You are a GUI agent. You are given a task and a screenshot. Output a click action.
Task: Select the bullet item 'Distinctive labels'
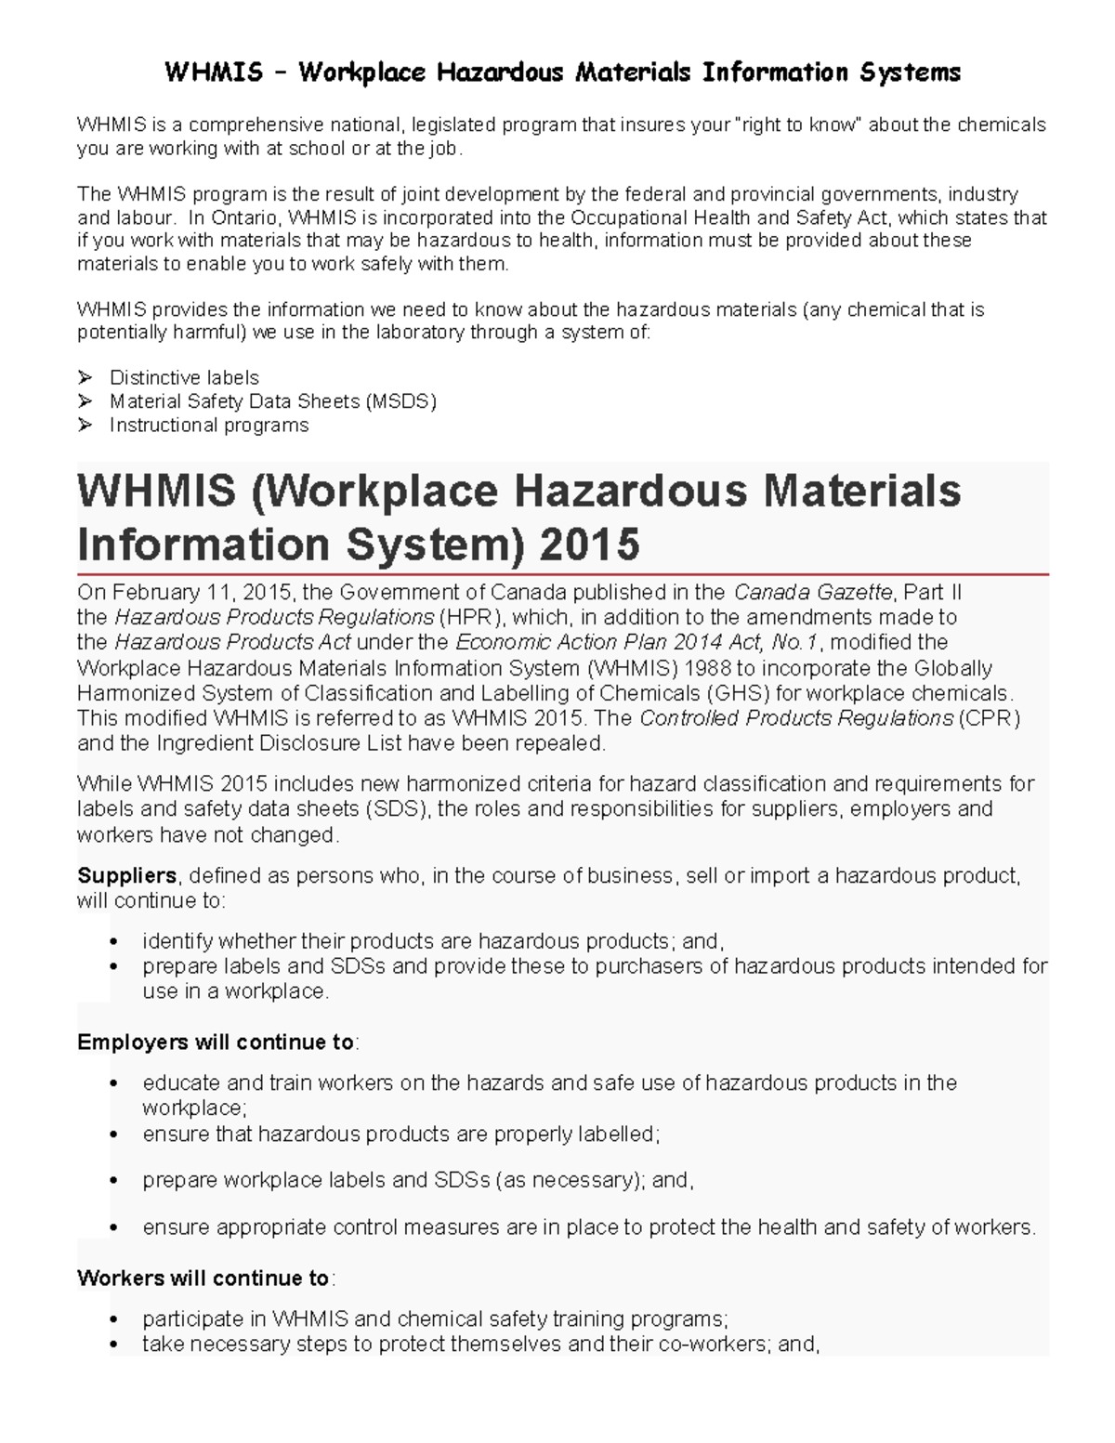(184, 377)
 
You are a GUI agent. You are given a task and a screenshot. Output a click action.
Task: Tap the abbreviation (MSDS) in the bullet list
(400, 401)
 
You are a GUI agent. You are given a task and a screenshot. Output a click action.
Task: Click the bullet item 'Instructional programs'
(209, 425)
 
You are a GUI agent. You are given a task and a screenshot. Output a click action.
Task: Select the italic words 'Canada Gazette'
(813, 593)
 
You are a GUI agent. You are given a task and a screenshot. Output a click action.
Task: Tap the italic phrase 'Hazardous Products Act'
(232, 643)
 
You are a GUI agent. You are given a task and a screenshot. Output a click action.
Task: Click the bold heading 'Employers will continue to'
(216, 1042)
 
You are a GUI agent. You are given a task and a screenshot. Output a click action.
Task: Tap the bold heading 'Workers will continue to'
(203, 1278)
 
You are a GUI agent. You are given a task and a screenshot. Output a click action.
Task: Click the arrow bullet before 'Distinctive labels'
(85, 377)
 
